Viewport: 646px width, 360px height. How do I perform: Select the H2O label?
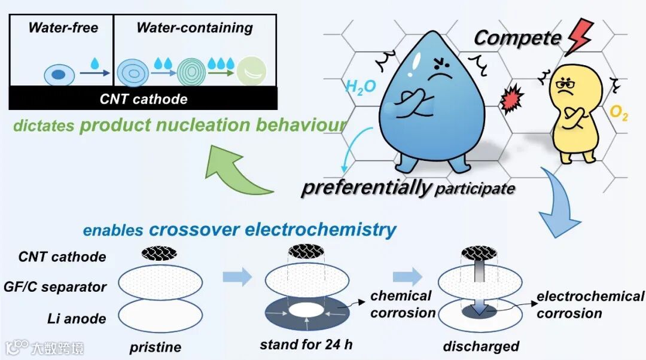[x=361, y=87]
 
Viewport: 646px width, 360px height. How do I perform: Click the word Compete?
[x=517, y=38]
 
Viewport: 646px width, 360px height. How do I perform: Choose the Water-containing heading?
[x=194, y=28]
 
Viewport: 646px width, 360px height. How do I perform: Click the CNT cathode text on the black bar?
[x=143, y=99]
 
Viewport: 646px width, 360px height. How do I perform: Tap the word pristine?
[x=155, y=347]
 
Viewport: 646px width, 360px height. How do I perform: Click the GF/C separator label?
[x=62, y=287]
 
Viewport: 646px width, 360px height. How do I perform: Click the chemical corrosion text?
[x=402, y=304]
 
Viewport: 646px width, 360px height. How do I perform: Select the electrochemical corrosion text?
[x=590, y=305]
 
